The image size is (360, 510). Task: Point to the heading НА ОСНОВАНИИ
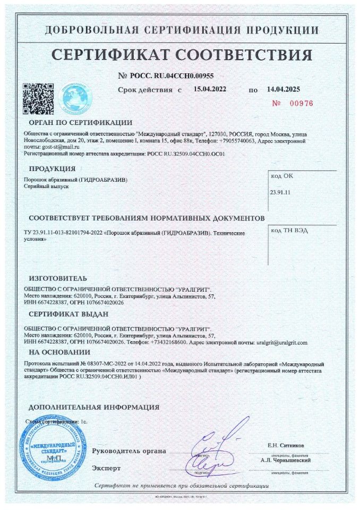click(59, 352)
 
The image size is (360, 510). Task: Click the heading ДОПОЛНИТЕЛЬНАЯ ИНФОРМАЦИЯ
click(93, 407)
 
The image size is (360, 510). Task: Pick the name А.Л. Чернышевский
click(286, 460)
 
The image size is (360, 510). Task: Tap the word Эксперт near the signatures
click(106, 468)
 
